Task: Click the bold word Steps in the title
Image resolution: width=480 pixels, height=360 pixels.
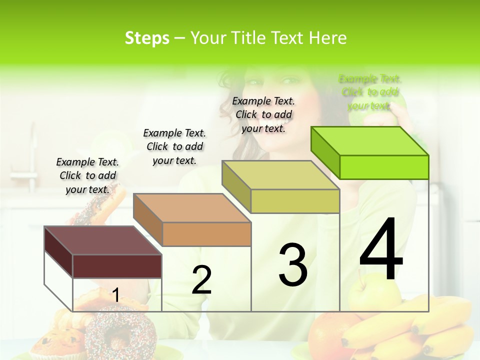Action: (147, 38)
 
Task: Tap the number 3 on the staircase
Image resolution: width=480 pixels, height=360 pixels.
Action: (292, 265)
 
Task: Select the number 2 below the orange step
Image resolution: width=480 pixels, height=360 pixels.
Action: (201, 280)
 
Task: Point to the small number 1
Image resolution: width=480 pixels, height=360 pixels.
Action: (115, 295)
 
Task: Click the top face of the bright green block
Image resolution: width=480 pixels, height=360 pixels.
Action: (370, 140)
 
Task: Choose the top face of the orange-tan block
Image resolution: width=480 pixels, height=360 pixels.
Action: (192, 208)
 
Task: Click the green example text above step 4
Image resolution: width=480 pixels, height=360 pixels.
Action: (369, 92)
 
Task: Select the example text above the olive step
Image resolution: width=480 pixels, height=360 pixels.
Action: (263, 114)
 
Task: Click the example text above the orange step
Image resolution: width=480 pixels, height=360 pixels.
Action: (174, 146)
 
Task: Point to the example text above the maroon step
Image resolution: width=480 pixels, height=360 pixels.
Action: (87, 175)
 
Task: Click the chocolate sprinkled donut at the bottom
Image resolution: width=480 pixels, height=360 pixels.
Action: (120, 332)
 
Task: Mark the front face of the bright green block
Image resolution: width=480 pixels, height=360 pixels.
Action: (384, 167)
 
